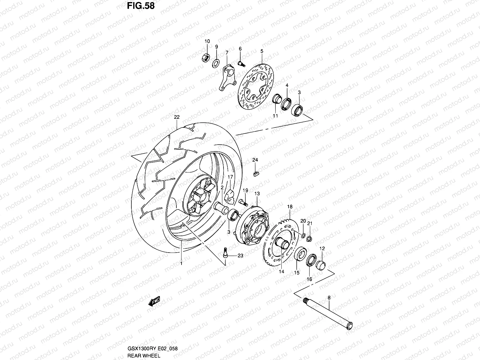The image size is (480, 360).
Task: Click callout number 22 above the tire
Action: [177, 117]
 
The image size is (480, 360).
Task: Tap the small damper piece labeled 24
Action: [255, 173]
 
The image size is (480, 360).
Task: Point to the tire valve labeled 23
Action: [225, 253]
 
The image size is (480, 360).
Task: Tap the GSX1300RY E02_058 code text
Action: [152, 349]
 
